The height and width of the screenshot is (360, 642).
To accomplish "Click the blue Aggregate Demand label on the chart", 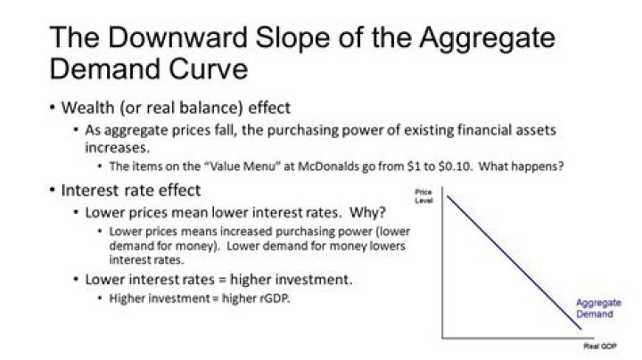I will click(x=594, y=308).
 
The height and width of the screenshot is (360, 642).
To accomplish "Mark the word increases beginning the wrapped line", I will click(x=115, y=148).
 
